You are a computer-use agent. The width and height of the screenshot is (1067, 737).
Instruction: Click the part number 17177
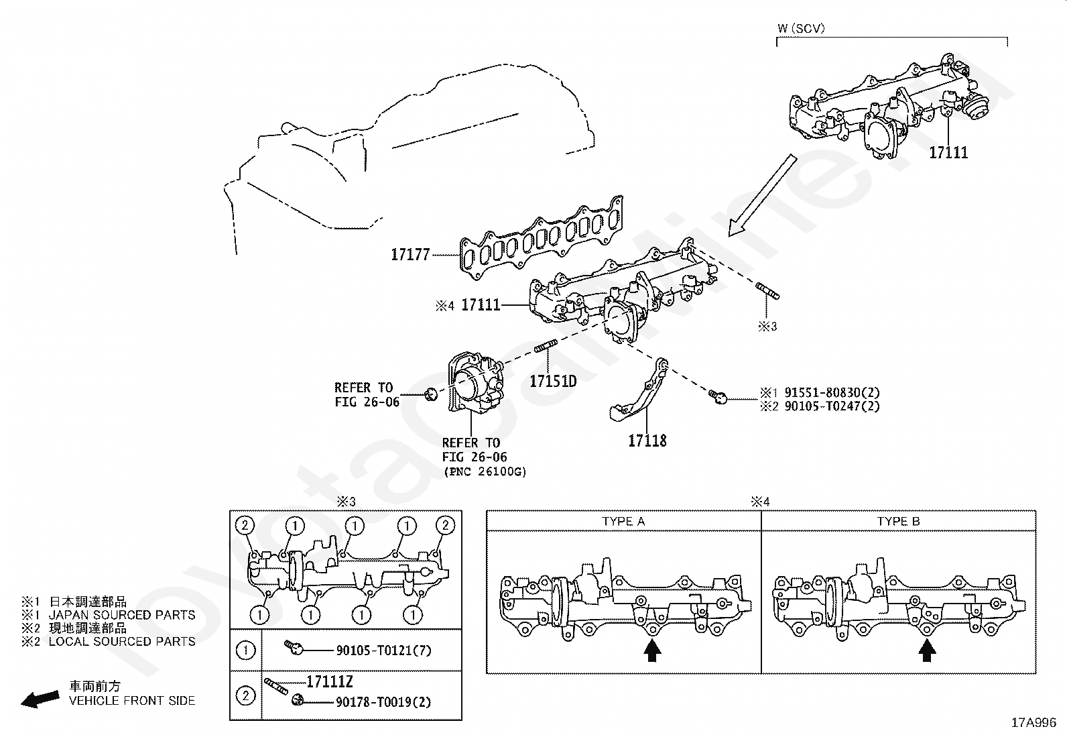[x=410, y=255]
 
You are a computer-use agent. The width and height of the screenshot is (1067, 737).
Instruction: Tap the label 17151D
[x=553, y=381]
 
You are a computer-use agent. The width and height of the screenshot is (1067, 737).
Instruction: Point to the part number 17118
[x=647, y=441]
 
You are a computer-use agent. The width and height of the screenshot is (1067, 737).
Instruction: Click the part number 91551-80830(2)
[x=832, y=392]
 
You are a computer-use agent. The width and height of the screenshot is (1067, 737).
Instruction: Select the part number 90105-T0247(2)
[x=832, y=406]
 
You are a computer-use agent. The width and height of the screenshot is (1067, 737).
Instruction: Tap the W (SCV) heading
[x=801, y=29]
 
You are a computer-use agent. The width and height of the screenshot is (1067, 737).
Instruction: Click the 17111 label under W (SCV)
[x=948, y=152]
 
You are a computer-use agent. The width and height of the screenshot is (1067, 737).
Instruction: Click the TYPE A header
[x=623, y=521]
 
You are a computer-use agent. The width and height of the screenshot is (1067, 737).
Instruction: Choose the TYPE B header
[x=898, y=521]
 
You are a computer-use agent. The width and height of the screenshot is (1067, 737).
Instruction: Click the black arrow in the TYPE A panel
[x=652, y=650]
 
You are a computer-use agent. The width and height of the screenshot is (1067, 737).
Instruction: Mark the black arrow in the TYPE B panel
[x=926, y=650]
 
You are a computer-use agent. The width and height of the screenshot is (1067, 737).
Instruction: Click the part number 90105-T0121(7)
[x=383, y=650]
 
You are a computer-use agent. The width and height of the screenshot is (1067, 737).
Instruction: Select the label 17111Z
[x=329, y=682]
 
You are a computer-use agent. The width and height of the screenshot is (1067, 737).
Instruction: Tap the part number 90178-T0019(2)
[x=383, y=701]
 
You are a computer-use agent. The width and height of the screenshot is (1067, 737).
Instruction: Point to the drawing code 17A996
[x=1034, y=723]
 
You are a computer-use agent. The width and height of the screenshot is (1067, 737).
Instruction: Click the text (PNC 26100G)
[x=485, y=472]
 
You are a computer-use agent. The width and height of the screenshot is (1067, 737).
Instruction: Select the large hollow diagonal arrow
[x=762, y=195]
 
